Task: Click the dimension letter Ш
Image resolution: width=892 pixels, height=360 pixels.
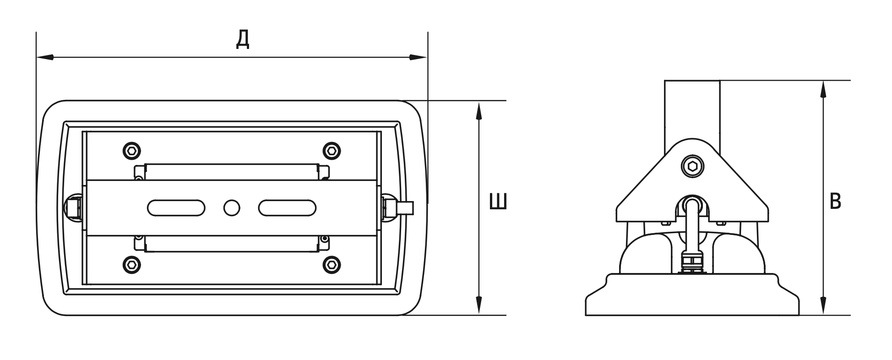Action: click(x=498, y=202)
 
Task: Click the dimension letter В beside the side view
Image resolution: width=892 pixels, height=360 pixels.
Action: click(x=835, y=202)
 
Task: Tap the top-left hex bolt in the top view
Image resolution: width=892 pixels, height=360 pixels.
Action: click(x=132, y=150)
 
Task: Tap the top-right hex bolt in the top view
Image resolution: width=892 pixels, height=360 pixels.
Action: click(x=332, y=150)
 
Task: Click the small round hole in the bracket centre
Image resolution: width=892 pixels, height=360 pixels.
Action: click(x=232, y=207)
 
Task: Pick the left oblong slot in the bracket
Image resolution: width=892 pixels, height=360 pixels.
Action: click(x=176, y=207)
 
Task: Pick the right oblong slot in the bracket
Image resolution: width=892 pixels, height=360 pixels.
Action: click(x=287, y=207)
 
